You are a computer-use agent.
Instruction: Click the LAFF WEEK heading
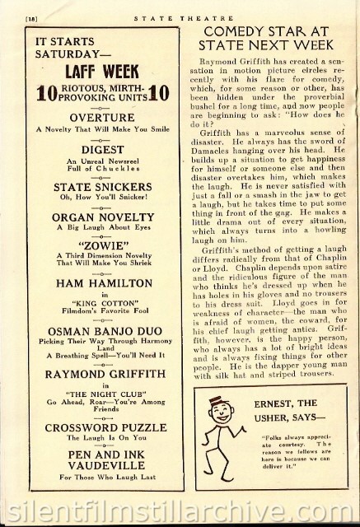pos(103,70)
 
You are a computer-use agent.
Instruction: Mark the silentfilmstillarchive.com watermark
pos(180,507)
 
